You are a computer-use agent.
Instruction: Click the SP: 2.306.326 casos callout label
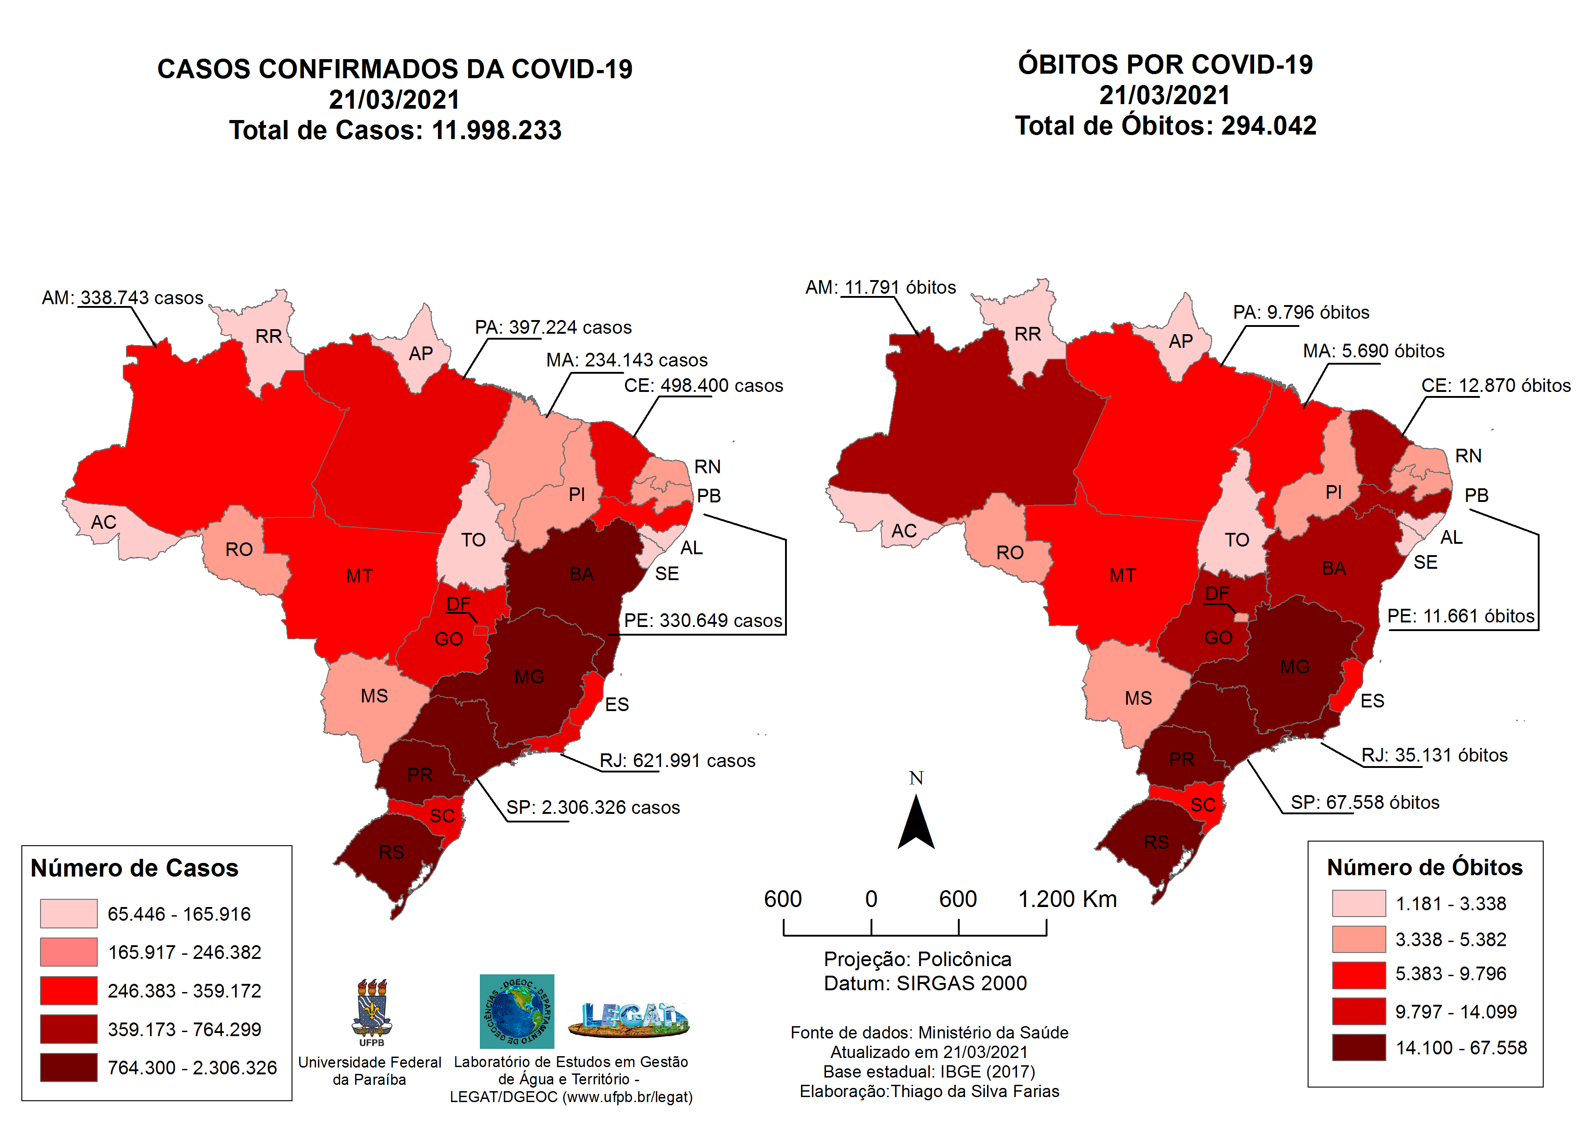tap(592, 807)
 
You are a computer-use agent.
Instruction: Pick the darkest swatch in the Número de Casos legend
tap(68, 1067)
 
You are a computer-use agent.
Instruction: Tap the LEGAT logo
tap(629, 1019)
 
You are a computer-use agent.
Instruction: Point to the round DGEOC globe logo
tap(517, 1011)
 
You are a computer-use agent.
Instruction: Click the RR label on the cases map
tap(268, 336)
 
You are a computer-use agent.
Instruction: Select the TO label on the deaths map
tap(1237, 540)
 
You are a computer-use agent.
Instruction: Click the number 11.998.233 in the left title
tap(496, 130)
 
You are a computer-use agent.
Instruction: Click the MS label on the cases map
tap(374, 696)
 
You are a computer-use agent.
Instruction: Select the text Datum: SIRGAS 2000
tap(925, 983)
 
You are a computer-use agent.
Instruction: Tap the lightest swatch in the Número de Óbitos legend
tap(1358, 903)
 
